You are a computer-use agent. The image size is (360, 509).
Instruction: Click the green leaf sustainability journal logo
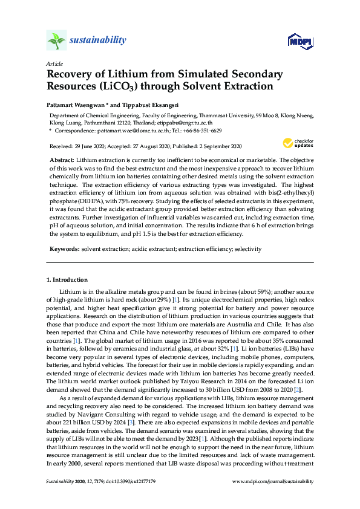(x=56, y=41)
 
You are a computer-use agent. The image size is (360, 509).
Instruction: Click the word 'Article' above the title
(x=54, y=63)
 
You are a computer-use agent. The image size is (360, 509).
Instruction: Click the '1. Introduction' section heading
(x=67, y=280)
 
